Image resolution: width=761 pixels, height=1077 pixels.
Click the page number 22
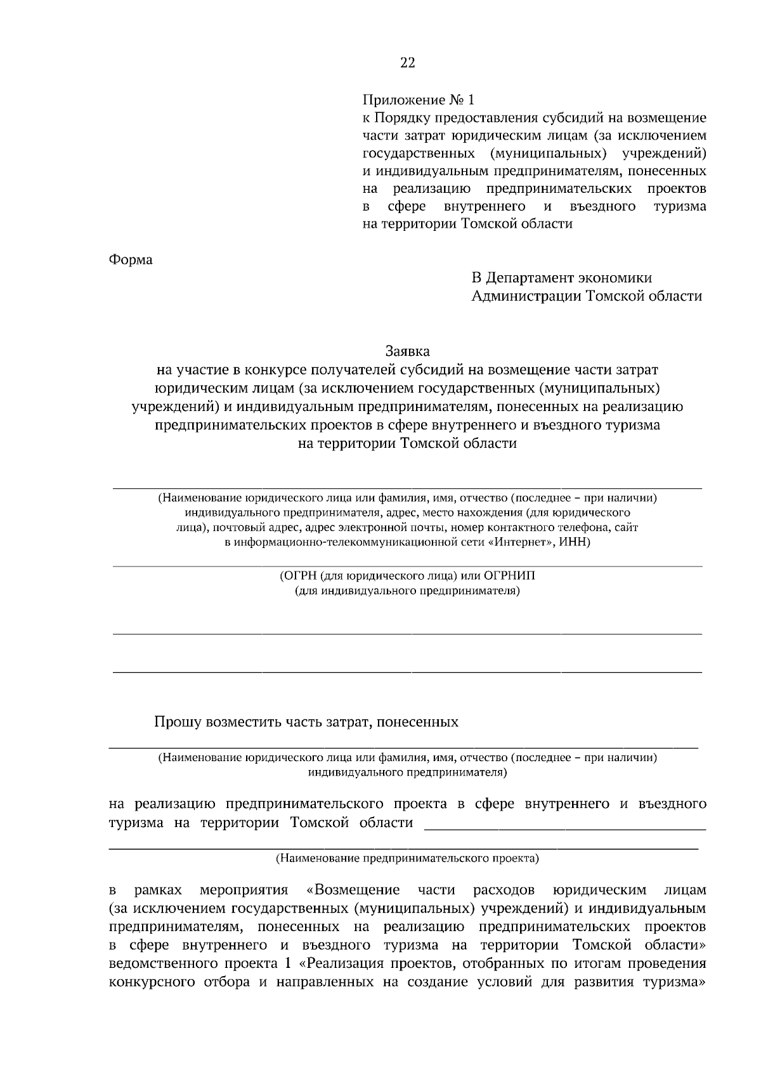coord(408,62)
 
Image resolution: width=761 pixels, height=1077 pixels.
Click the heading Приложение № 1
coord(418,100)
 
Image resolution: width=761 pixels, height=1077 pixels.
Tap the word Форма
coord(131,260)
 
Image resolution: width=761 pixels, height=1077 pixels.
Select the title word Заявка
coord(407,351)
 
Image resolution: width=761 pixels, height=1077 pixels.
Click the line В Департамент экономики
coord(561,278)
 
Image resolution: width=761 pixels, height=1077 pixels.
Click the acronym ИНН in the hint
coord(575,542)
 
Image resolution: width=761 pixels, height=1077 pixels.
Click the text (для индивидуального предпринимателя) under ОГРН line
coord(407,591)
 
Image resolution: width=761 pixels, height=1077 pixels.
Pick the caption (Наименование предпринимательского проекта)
coord(407,859)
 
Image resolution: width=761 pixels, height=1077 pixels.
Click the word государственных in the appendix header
coord(419,153)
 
